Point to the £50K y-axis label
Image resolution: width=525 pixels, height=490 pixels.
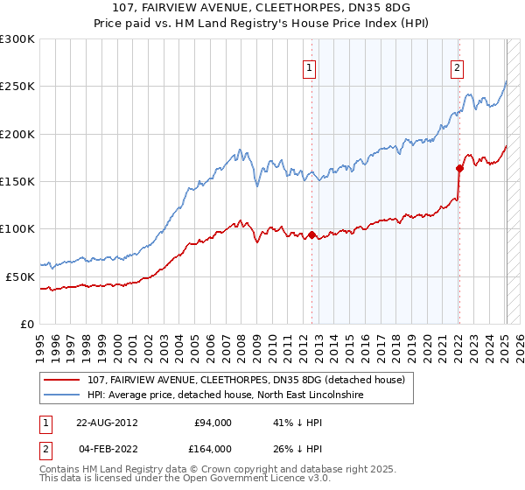pyautogui.click(x=20, y=276)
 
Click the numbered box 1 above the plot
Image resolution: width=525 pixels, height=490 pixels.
pyautogui.click(x=311, y=66)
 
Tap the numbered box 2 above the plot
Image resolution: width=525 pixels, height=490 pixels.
pyautogui.click(x=458, y=66)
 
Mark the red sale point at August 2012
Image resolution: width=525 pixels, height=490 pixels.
pyautogui.click(x=311, y=234)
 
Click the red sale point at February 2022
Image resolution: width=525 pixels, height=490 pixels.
pyautogui.click(x=459, y=168)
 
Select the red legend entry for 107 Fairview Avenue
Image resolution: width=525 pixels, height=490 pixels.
pyautogui.click(x=245, y=381)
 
